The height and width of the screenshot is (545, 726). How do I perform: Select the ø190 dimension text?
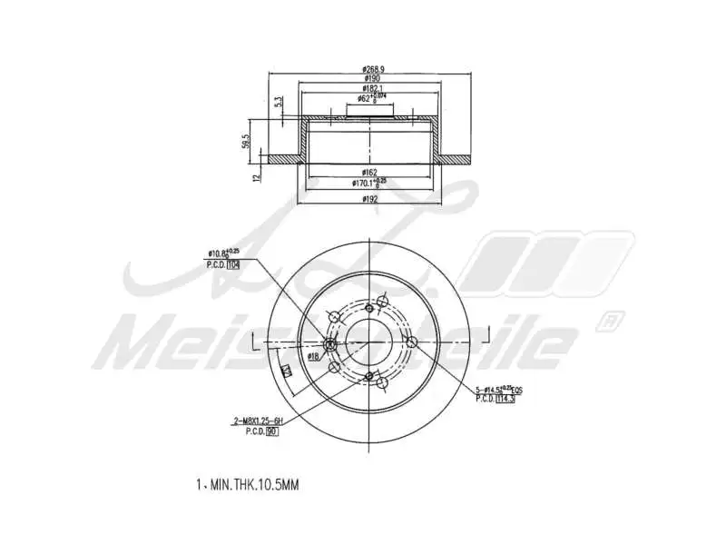click(370, 78)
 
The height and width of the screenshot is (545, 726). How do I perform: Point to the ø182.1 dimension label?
click(370, 88)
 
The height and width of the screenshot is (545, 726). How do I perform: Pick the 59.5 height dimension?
click(245, 142)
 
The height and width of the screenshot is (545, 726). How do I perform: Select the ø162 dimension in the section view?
click(369, 172)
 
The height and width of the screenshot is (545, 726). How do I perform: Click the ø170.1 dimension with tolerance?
click(370, 183)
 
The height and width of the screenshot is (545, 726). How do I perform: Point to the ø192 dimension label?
click(369, 197)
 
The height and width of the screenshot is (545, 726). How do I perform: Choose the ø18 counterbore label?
click(312, 357)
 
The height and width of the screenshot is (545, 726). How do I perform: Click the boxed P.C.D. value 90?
click(271, 431)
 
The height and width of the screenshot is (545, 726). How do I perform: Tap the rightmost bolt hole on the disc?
click(411, 342)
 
